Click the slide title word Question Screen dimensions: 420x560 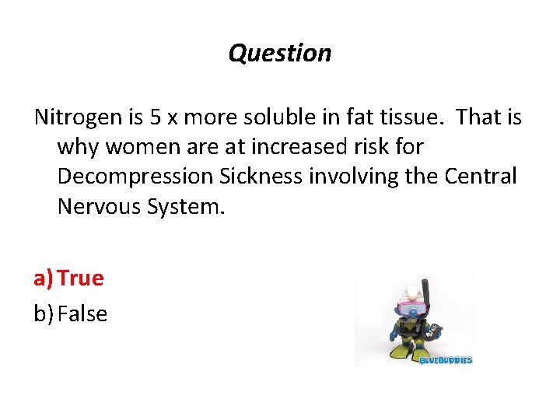(280, 53)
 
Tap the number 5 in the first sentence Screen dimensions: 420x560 (156, 117)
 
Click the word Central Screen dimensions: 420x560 (481, 177)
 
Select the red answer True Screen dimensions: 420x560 (80, 278)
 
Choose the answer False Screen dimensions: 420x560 (82, 313)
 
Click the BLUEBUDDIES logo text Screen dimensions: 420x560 (446, 360)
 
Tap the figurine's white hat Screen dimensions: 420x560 (411, 294)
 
